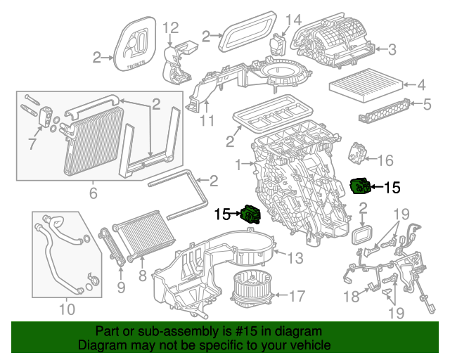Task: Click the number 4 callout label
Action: (422, 86)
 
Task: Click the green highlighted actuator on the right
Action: (360, 186)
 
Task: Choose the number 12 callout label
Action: (172, 28)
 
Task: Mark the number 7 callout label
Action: (31, 144)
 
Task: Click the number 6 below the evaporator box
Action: (93, 191)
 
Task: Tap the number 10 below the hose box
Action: (66, 308)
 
